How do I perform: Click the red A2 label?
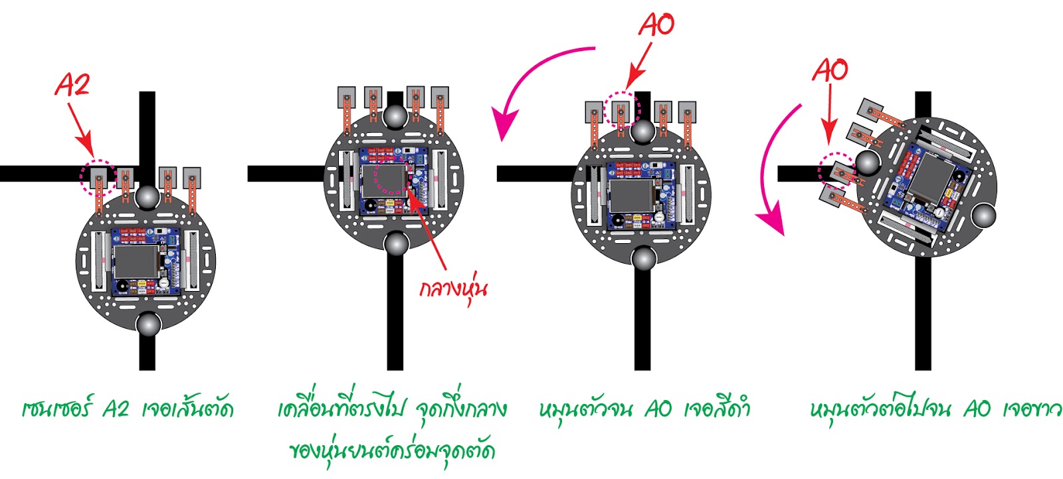(x=72, y=85)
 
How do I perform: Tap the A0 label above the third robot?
(x=656, y=25)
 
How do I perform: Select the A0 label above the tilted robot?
(x=830, y=70)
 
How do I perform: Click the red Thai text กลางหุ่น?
(x=454, y=289)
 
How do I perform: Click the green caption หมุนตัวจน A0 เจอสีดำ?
(x=644, y=409)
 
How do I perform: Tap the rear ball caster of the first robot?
(x=147, y=325)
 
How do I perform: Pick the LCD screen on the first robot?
(x=136, y=261)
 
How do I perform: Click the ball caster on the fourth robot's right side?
(x=983, y=215)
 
